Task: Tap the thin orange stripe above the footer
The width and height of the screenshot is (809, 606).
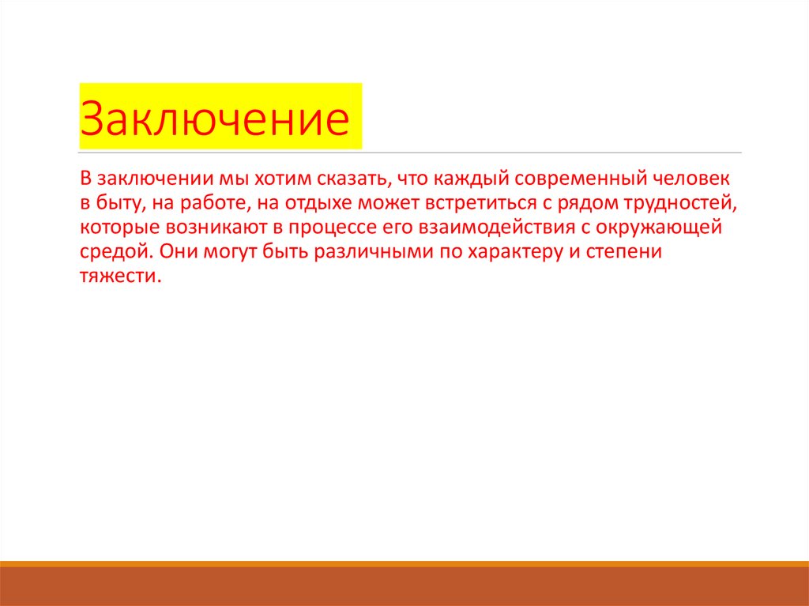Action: (x=404, y=563)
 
